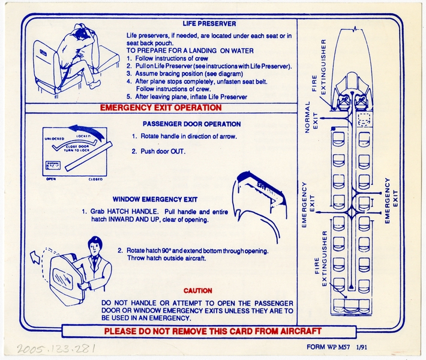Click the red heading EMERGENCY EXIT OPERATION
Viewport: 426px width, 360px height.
coord(160,108)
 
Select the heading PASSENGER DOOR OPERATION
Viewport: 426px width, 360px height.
coord(183,124)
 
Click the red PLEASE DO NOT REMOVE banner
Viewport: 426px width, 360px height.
coord(212,331)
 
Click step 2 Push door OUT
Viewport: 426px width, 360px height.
coord(159,151)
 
